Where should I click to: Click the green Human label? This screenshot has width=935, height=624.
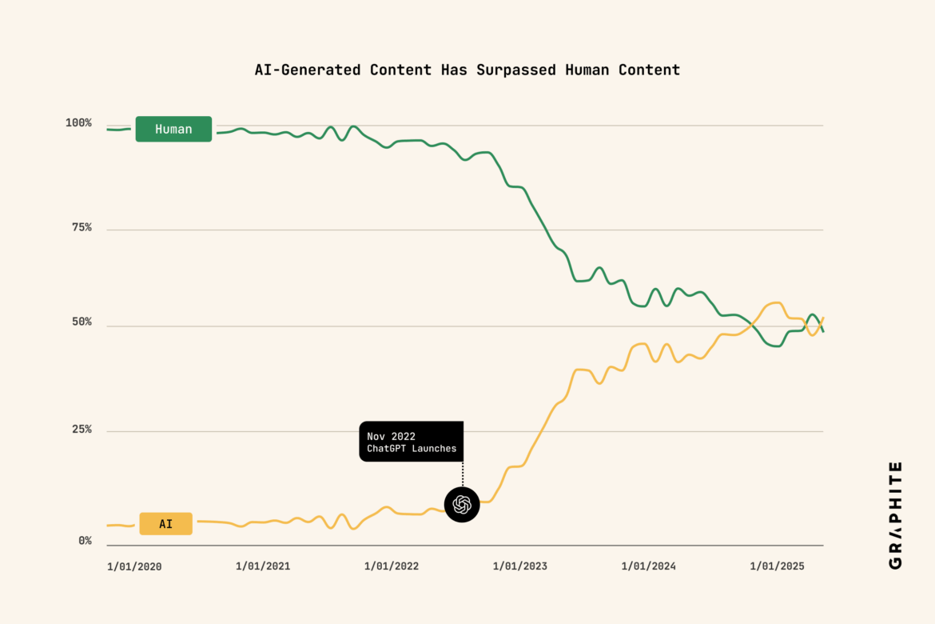tap(173, 129)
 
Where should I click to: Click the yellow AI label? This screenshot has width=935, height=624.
tap(165, 524)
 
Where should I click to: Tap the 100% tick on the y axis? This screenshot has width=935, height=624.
tap(78, 123)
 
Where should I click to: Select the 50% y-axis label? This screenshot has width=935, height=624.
tap(81, 322)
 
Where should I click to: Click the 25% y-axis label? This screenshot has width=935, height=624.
tap(81, 430)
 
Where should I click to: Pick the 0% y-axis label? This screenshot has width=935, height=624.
tap(85, 541)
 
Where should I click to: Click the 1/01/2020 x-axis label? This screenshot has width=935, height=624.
tap(134, 566)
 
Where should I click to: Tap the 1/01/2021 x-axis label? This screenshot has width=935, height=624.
tap(263, 566)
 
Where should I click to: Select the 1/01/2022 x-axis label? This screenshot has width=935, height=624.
tap(392, 566)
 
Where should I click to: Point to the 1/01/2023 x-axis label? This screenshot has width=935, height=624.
tap(520, 566)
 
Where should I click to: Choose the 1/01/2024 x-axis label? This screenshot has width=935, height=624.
tap(649, 566)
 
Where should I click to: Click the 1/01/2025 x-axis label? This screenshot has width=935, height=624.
tap(777, 566)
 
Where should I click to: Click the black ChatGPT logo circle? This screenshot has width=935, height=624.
tap(462, 505)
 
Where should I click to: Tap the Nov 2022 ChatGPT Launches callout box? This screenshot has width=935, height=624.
tap(411, 442)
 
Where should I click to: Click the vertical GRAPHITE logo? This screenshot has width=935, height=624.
tap(895, 515)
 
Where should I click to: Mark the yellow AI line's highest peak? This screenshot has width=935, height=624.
tap(774, 303)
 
